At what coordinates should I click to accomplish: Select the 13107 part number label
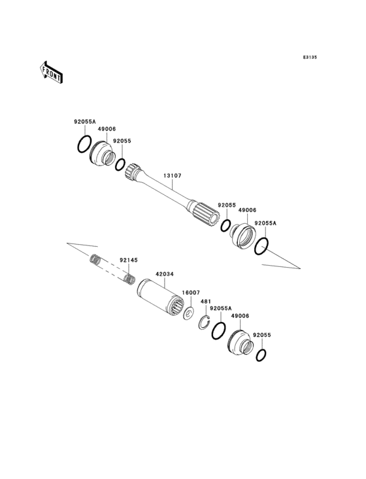pos(173,175)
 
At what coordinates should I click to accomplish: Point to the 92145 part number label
pos(128,260)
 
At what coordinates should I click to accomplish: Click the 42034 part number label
pos(164,275)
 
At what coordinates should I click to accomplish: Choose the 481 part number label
pos(205,302)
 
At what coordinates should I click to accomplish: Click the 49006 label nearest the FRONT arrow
pos(107,129)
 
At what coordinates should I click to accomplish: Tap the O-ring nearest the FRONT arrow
pos(83,145)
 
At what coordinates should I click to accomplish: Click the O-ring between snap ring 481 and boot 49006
pos(218,330)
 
